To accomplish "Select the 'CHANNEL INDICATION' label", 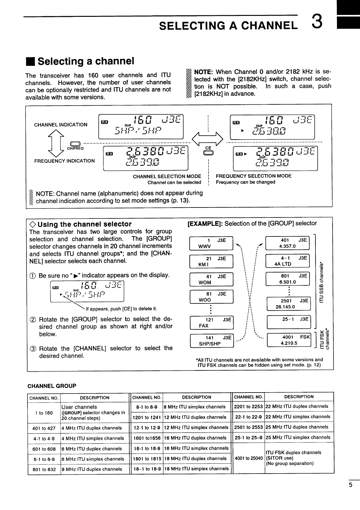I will point(60,125).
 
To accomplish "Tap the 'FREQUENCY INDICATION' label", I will point(65,161).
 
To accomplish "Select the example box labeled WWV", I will point(211,243).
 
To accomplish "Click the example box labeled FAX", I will point(211,322).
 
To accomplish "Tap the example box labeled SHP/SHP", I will point(212,340).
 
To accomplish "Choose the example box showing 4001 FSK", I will point(289,340).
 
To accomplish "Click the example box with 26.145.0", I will point(289,304).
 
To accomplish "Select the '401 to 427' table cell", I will point(44,428).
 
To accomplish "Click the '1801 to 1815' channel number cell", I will point(146,459).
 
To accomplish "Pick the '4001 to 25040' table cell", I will point(249,458).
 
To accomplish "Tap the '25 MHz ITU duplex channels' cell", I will point(299,427).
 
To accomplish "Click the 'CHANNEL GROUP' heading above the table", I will point(52,386).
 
